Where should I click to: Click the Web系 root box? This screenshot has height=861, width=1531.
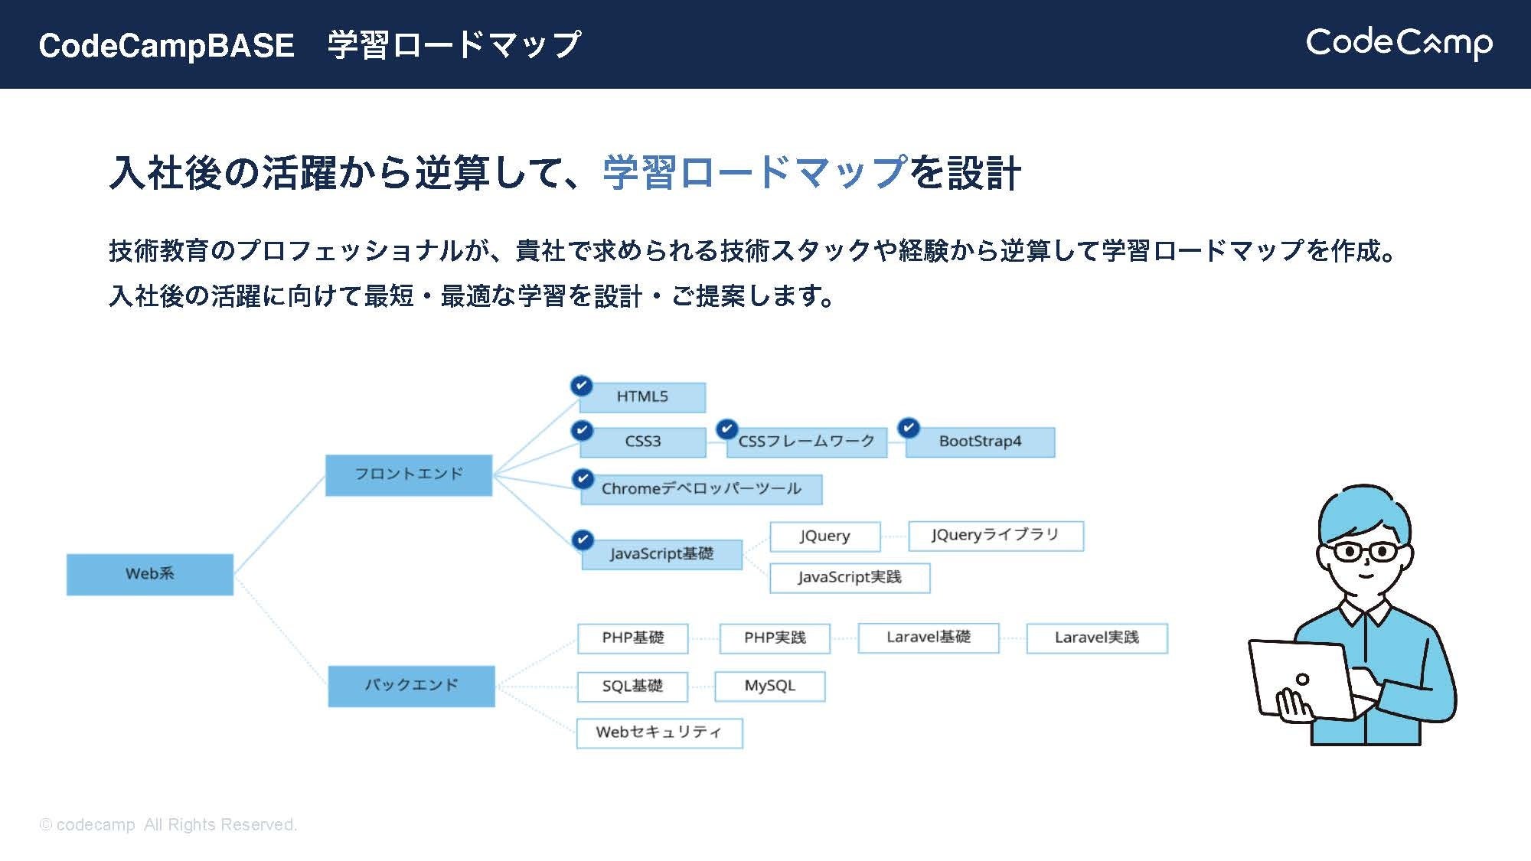tap(149, 574)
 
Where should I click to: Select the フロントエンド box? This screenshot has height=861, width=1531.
tap(408, 475)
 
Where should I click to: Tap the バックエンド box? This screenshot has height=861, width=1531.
tap(411, 686)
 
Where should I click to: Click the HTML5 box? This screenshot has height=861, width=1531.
tap(643, 397)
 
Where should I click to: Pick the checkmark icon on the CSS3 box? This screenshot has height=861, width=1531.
tap(582, 430)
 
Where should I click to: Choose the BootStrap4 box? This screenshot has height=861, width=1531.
tap(980, 442)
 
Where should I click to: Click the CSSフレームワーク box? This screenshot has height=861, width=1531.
tap(806, 442)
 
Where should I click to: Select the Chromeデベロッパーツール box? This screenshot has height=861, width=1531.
tap(701, 489)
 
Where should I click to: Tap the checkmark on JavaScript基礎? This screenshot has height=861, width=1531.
tap(583, 540)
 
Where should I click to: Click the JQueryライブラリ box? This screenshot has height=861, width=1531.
tap(995, 536)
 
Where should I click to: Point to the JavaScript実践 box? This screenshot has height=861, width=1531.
tap(850, 578)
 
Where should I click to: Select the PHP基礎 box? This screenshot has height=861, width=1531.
tap(632, 638)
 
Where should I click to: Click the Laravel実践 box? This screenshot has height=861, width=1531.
tap(1096, 638)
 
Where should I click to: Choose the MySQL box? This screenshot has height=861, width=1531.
tap(769, 687)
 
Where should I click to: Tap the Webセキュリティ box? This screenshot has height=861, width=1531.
tap(659, 733)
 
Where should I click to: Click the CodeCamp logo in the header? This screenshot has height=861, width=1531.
tap(1399, 43)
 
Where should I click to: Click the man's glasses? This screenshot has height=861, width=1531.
tap(1365, 551)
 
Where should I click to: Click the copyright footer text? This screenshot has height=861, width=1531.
tap(168, 825)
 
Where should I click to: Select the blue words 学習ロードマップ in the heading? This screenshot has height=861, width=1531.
tap(755, 172)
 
